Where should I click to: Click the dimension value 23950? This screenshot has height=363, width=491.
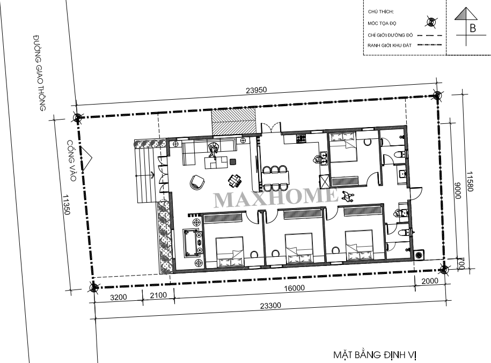click(x=256, y=90)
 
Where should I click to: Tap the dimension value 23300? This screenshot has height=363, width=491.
click(x=270, y=306)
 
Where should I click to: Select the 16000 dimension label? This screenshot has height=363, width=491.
click(x=294, y=288)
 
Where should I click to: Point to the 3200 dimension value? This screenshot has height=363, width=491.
click(x=119, y=297)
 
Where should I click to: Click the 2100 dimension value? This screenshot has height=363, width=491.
click(x=158, y=295)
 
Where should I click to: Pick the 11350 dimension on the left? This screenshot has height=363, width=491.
click(x=66, y=205)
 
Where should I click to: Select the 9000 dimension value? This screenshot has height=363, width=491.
click(x=458, y=190)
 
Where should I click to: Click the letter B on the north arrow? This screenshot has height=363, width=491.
click(x=473, y=28)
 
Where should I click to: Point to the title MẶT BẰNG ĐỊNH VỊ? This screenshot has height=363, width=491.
click(x=375, y=355)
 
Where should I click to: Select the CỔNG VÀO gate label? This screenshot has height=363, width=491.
click(x=72, y=160)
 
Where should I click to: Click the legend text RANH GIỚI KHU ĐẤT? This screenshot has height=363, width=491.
click(x=390, y=46)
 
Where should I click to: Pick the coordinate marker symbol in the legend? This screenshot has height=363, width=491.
click(x=431, y=22)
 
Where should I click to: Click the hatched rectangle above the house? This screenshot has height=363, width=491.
click(x=234, y=122)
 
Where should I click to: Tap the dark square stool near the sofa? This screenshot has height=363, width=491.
click(x=233, y=162)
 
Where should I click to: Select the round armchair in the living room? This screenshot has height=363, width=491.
click(x=197, y=182)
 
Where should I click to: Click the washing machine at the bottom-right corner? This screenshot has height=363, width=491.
click(x=419, y=255)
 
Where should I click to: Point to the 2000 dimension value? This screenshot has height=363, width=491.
click(x=430, y=281)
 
